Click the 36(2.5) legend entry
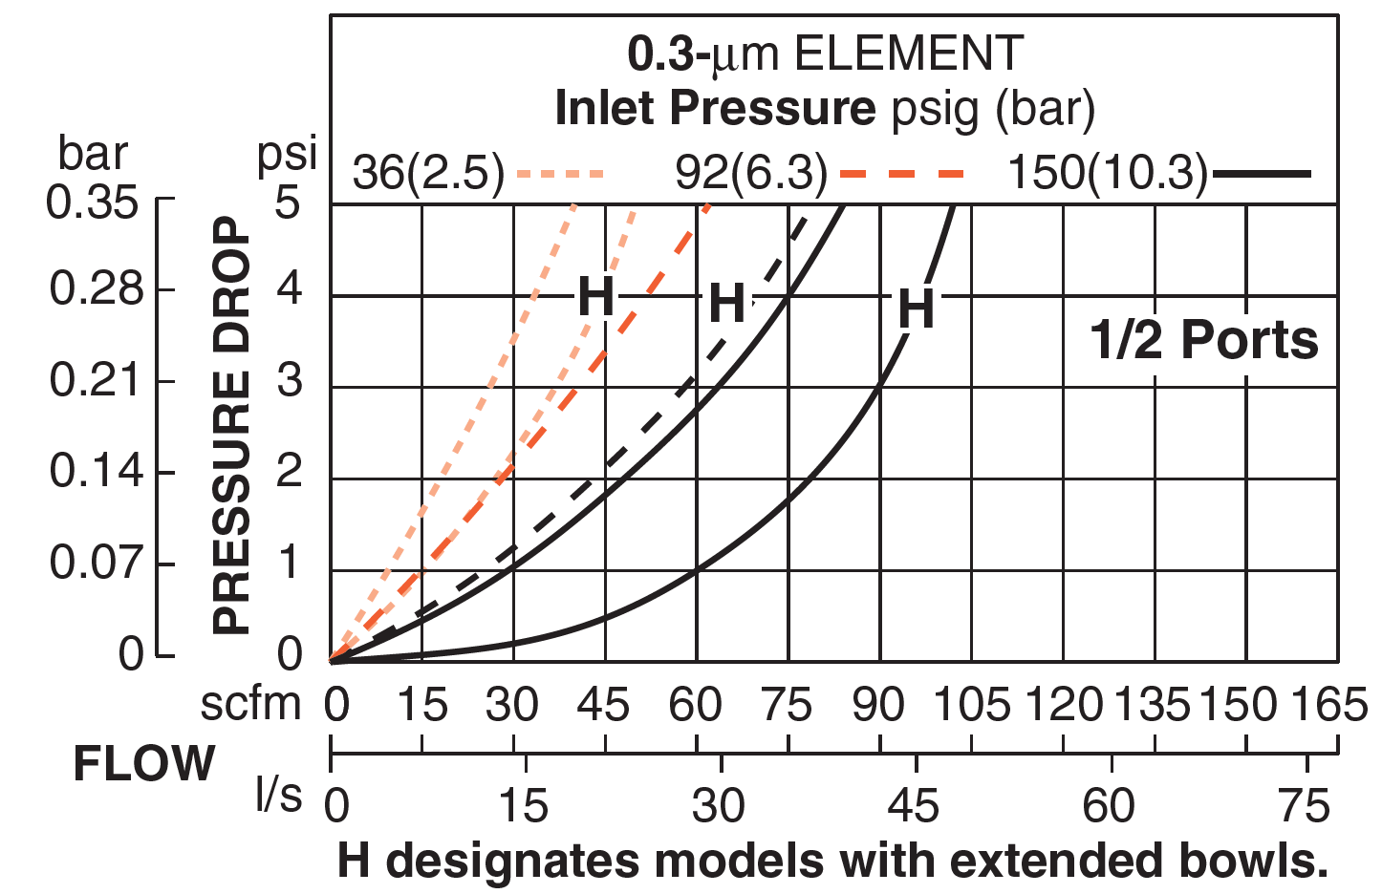pos(428,174)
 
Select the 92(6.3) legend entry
pos(751,174)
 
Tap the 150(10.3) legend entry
pos(1108,174)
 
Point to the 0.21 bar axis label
pos(94,380)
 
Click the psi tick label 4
pos(289,288)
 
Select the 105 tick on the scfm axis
pos(971,706)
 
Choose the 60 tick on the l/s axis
pos(1109,806)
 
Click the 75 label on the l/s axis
pos(1305,806)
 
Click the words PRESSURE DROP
pos(231,425)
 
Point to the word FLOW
pos(144,764)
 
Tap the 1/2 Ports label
pos(1204,340)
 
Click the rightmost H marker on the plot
pos(916,309)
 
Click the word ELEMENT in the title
pos(909,54)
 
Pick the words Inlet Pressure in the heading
pos(715,108)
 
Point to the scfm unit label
pos(250,705)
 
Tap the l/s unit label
pos(278,795)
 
